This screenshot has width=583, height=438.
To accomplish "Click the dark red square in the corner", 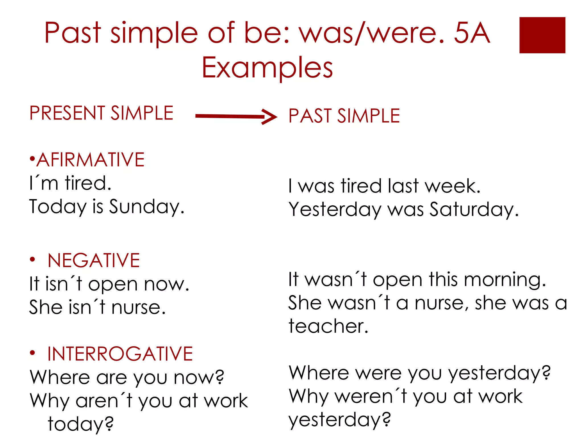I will coord(542,35).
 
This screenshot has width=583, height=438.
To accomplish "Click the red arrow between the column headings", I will coord(236,116).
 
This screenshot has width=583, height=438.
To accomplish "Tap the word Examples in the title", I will coord(267,68).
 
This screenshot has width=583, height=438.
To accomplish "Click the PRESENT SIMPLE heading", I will coord(101,113).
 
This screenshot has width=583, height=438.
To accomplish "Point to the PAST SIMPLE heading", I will coord(344,116).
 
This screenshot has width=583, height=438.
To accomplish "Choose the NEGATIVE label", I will coord(94,260).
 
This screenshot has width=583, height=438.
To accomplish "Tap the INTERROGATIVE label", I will coord(120,354).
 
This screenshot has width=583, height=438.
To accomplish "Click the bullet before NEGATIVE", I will coord(32,259).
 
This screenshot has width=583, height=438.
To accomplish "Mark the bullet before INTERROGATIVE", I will coord(32,353).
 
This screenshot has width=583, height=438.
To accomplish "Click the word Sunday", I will coord(147,207).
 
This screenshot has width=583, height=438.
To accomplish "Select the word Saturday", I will coord(474,210).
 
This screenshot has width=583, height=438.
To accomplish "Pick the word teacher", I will coord(328,326).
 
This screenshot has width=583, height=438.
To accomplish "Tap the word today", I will coord(81,424).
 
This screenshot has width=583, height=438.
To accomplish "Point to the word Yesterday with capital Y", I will coord(335,210).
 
